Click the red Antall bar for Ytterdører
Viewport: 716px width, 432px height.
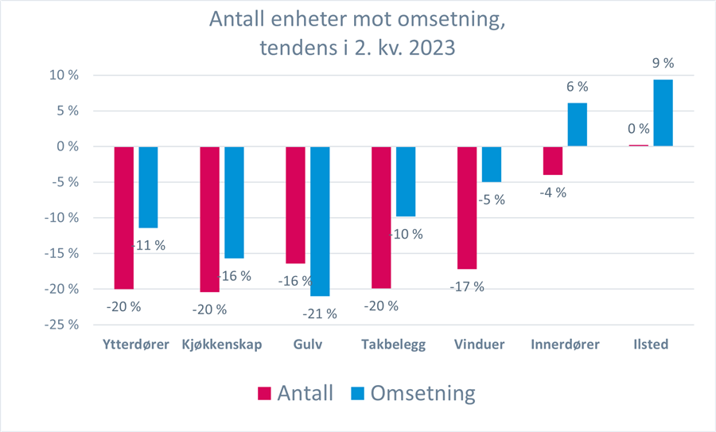[x=124, y=217]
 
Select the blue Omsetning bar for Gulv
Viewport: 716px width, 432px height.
[x=320, y=221]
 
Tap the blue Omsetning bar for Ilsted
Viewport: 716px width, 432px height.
[x=663, y=113]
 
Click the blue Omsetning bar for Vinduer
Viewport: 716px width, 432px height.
[x=492, y=165]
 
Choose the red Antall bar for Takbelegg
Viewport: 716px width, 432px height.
[x=380, y=217]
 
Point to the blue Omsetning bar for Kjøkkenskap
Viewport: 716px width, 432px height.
[x=234, y=202]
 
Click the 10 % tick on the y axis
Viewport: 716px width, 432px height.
[x=61, y=76]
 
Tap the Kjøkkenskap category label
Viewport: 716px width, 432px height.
[x=221, y=345]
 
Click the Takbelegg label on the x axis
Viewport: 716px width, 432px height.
[x=393, y=345]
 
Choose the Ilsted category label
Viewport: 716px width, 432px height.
[x=652, y=345]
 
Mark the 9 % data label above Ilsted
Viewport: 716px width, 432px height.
[x=663, y=62]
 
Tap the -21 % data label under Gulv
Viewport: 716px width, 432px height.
[x=320, y=313]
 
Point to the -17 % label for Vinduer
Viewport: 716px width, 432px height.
[x=467, y=286]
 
